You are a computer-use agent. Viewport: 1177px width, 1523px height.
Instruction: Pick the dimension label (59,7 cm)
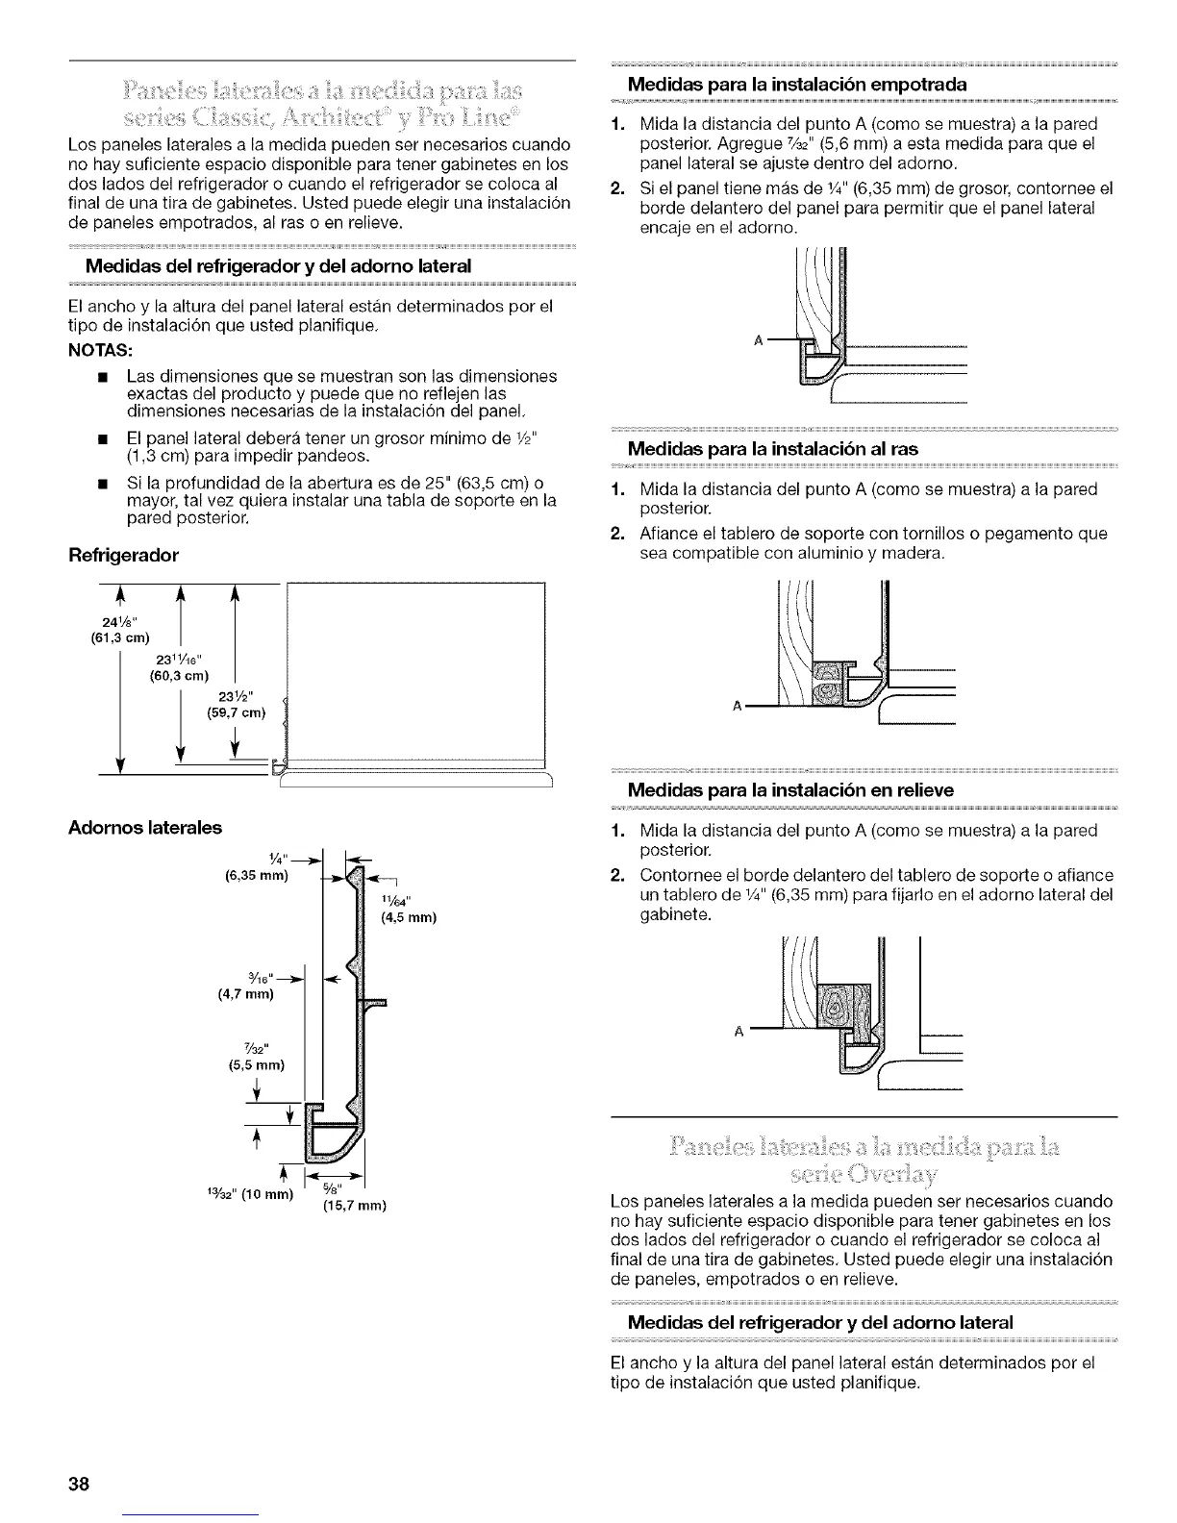[x=236, y=712]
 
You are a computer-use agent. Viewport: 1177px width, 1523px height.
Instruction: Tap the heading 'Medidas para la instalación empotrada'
[x=796, y=84]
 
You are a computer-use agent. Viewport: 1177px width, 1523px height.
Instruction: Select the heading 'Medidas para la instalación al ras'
[x=773, y=448]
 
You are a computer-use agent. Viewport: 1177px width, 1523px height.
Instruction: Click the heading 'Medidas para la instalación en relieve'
[x=790, y=789]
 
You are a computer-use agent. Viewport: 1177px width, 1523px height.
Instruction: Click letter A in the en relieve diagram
[x=739, y=1033]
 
